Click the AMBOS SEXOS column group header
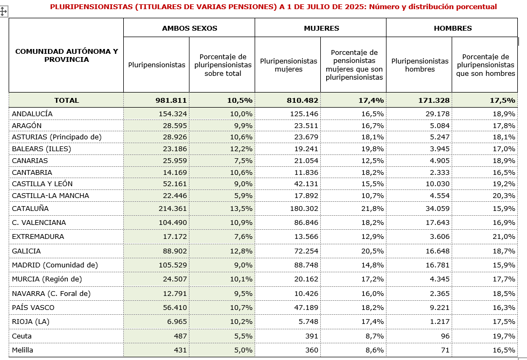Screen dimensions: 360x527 coord(189,28)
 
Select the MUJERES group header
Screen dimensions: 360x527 coord(321,28)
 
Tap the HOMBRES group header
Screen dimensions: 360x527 coord(452,28)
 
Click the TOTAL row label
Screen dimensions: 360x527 coord(66,100)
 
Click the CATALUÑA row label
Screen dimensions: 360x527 coord(30,208)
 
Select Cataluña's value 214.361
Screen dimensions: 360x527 coord(170,208)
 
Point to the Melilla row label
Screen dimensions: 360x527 coord(22,350)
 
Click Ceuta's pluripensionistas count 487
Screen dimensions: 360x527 coord(179,336)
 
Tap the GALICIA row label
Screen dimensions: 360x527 coord(26,251)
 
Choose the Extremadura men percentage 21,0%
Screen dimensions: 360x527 coord(504,237)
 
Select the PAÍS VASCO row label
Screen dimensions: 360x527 coord(33,308)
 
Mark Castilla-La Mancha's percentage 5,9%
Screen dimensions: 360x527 coord(241,195)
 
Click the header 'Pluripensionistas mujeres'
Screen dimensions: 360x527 coord(287,65)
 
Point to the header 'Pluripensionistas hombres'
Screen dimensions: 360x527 coord(419,65)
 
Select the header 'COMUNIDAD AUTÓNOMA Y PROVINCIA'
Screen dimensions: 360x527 coord(66,55)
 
